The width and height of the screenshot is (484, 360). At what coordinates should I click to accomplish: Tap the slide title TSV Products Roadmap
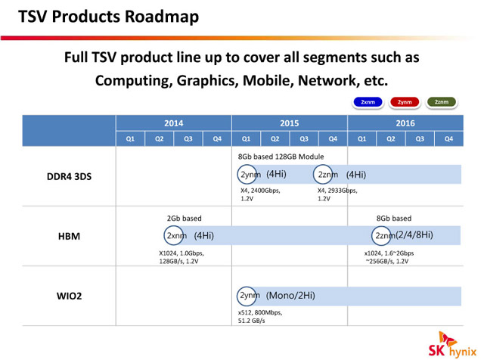(x=109, y=16)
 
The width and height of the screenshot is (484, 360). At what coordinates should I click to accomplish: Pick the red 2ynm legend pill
(x=405, y=102)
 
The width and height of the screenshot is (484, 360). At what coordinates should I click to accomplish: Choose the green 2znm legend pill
(x=442, y=102)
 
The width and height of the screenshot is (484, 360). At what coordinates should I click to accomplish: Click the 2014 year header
(x=173, y=123)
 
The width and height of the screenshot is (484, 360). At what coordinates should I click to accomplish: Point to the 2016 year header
(x=405, y=123)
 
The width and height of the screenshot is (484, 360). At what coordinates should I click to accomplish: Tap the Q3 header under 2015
(x=304, y=138)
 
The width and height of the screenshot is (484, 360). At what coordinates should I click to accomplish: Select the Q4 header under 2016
(x=448, y=138)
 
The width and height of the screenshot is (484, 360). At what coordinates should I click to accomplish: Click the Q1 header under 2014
(x=130, y=138)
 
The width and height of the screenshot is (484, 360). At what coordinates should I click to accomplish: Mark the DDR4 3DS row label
(x=69, y=176)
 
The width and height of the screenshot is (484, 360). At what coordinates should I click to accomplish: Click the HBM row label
(x=69, y=236)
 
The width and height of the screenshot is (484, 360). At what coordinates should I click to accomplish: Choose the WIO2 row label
(x=69, y=295)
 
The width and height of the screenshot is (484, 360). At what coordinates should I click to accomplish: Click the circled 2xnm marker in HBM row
(x=175, y=235)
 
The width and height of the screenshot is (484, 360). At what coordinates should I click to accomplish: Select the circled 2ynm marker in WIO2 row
(x=248, y=295)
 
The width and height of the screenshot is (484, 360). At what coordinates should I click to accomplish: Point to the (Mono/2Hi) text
(x=292, y=295)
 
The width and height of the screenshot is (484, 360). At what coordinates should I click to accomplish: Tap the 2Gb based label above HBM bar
(x=184, y=218)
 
